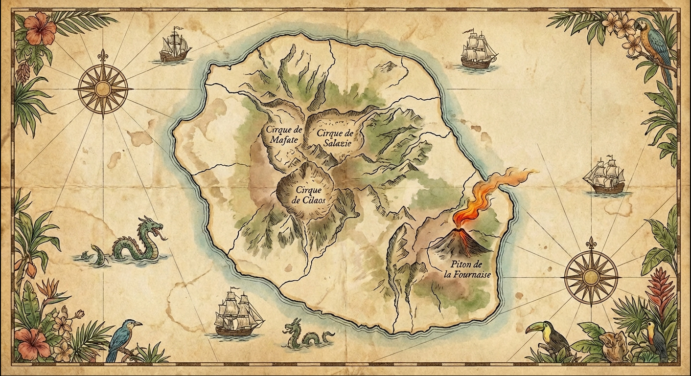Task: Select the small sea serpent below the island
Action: click(306, 334)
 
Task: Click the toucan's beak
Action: click(534, 329)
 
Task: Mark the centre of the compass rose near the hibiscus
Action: click(103, 88)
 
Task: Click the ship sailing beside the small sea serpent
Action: click(237, 315)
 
